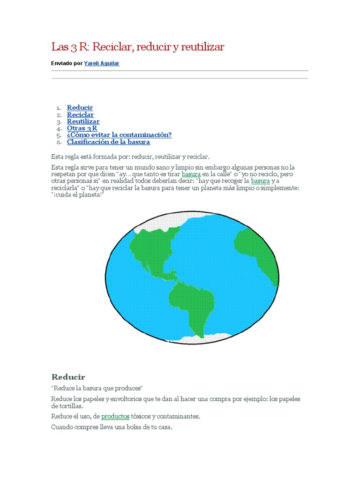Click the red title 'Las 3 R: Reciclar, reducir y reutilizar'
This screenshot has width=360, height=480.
137,47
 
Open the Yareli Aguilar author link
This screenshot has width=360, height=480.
102,63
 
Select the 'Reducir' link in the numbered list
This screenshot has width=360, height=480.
80,108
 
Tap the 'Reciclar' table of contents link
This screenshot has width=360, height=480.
80,114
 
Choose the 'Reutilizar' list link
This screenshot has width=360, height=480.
83,121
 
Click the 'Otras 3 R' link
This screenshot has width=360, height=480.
82,128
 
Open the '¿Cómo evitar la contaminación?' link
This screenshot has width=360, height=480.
119,135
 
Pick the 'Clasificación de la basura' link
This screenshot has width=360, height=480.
108,142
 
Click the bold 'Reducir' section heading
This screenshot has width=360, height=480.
68,377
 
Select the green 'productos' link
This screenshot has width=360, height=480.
115,416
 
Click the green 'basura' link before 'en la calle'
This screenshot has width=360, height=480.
191,174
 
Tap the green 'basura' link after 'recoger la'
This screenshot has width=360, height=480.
260,181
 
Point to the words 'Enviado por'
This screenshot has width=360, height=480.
66,63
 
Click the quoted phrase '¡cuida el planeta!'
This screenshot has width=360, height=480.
77,195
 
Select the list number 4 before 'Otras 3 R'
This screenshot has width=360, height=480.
59,128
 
